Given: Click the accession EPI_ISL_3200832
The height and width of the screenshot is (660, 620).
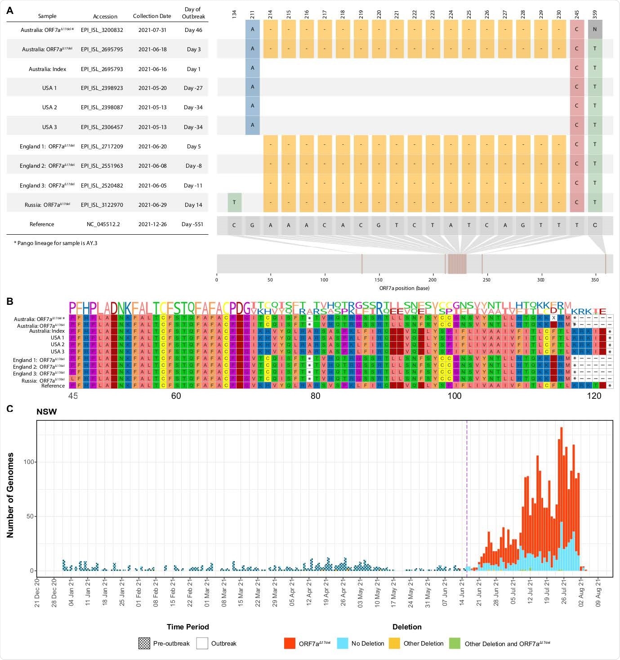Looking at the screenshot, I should [102, 30].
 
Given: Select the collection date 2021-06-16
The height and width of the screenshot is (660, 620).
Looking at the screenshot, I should [152, 69].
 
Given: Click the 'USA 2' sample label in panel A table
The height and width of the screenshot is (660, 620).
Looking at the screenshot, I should [49, 107].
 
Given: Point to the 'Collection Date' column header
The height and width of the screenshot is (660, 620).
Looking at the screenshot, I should [152, 16].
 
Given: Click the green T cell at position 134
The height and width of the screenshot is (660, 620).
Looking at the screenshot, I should [234, 202].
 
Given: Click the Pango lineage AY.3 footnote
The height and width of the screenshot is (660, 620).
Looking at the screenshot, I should [55, 243].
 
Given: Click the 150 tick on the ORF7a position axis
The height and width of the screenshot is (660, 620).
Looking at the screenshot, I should [379, 280].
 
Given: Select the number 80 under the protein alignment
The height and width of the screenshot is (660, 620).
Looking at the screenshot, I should [315, 396].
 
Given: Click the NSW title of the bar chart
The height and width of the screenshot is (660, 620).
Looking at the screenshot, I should [46, 411].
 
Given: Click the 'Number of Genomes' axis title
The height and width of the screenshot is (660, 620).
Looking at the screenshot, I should [10, 495].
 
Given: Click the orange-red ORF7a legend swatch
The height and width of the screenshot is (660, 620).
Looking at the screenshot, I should [290, 643].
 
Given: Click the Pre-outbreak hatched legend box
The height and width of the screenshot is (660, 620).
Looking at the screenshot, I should [144, 643].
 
